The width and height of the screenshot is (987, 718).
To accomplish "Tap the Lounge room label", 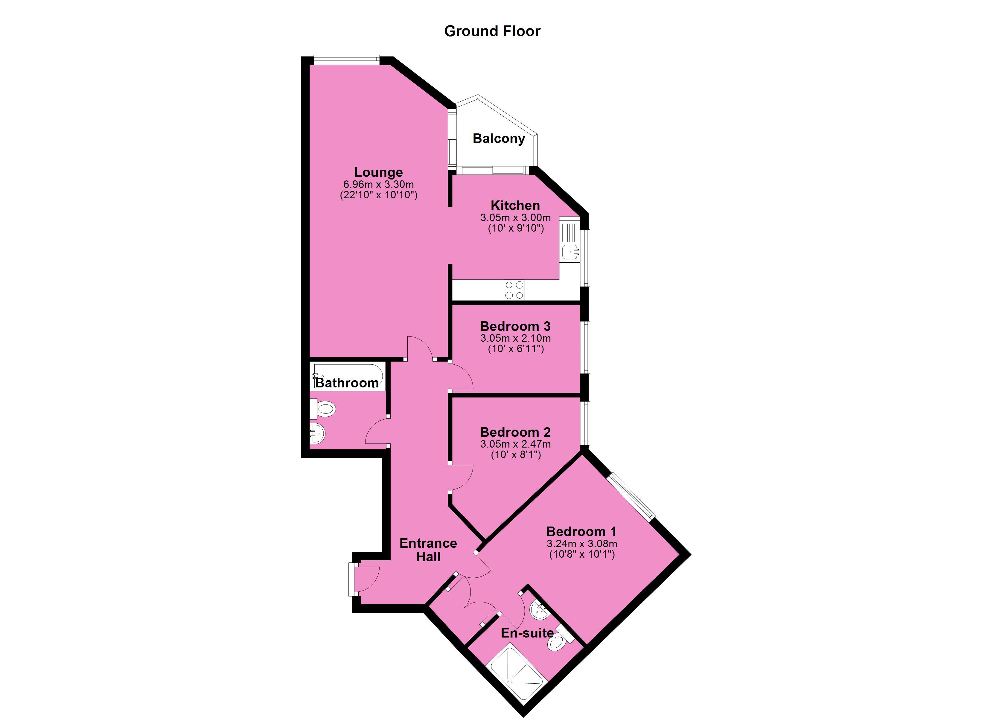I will click(x=378, y=172).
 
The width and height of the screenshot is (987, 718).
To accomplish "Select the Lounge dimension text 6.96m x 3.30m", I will click(x=378, y=184).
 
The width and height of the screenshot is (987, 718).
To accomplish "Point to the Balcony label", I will click(x=499, y=139).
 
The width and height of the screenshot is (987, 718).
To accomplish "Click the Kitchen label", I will click(x=515, y=206).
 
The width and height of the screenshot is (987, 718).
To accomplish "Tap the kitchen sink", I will click(x=570, y=251).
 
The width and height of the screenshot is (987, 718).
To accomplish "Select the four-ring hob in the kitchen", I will click(x=514, y=290).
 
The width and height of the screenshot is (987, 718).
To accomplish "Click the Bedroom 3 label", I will click(x=515, y=326).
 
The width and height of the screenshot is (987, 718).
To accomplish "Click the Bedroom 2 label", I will click(x=515, y=432).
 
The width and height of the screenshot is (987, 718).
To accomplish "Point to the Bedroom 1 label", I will click(x=581, y=532).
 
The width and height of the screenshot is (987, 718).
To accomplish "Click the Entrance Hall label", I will click(x=428, y=550).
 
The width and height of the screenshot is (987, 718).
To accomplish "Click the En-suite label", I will click(x=527, y=633).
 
